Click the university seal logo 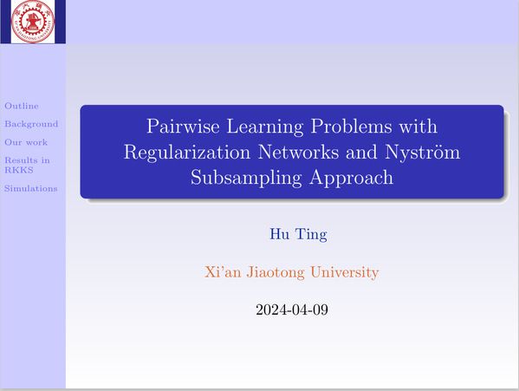pos(33,22)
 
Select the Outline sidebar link pos(22,106)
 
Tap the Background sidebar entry pos(31,124)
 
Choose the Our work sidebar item pos(26,142)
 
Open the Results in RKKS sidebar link pos(27,165)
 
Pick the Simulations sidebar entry pos(31,188)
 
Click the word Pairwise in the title pos(183,126)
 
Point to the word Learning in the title pos(265,127)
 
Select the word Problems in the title pos(351,126)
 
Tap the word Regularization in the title pos(187,153)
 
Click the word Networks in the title pos(298,152)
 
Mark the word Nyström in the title pos(423,153)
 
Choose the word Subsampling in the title pos(246,178)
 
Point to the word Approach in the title pos(351,178)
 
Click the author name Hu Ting pos(299,234)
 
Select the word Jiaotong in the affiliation pos(276,272)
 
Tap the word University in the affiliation pos(344,272)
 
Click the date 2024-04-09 pos(292,310)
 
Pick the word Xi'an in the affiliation pos(223,272)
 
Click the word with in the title pos(418,126)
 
